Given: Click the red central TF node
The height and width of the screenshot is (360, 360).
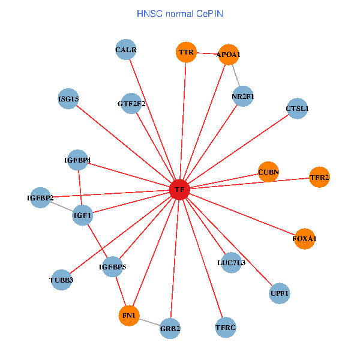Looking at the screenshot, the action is point(179,190).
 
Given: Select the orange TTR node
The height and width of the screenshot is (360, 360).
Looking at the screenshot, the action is point(186,52).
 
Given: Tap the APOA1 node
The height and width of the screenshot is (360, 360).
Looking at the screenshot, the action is point(229,55).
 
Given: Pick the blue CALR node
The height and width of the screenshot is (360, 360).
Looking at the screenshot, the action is point(126,50).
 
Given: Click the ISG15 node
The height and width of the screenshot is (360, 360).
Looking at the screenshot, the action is point(68,99).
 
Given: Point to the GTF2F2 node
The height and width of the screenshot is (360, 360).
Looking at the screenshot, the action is point(131,104).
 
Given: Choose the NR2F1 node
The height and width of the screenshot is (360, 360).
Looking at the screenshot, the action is point(243,97).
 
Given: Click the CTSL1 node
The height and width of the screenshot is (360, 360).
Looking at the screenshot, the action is point(298,109).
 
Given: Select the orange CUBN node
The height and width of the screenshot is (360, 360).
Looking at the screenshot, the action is point(268,172).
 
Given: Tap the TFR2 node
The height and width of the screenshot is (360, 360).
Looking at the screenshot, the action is point(319,177).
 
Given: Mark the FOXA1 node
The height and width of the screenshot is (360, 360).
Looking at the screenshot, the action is point(305,239).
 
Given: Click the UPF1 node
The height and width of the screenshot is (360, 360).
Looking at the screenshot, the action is point(280,293).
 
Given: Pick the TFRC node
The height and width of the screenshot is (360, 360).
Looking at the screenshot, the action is point(226,328).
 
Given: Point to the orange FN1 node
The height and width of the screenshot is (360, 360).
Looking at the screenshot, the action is point(129,316).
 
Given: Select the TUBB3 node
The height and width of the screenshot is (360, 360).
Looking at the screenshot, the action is point(61,280).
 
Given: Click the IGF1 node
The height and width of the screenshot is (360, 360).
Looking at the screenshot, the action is point(82,215).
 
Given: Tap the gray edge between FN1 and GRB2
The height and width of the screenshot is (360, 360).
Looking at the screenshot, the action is point(149,322).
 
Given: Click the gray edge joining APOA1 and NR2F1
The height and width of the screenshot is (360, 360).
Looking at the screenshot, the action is point(236,76).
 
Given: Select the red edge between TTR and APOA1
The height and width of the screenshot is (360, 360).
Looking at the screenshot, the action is point(208,53).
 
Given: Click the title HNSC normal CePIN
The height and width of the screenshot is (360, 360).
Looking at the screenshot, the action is point(180,14).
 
